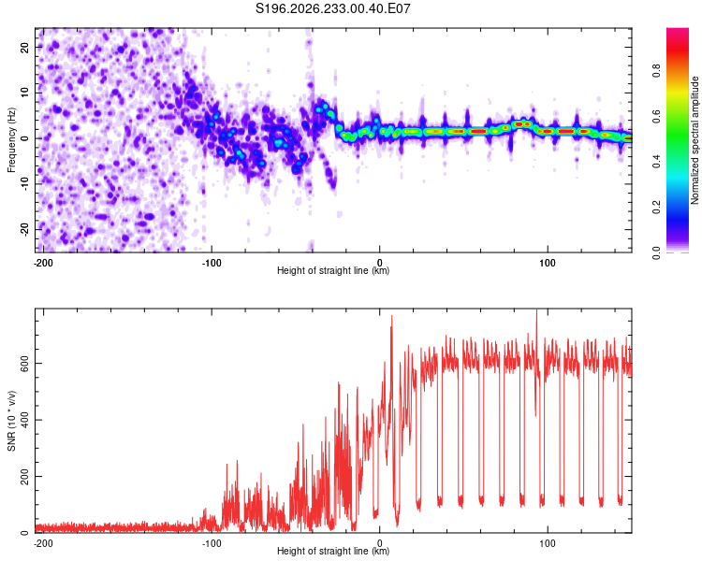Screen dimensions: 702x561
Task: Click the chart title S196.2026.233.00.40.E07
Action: [x=332, y=8]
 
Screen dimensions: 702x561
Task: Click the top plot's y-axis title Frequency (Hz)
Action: [x=11, y=140]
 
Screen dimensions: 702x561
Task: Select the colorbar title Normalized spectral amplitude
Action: [x=695, y=140]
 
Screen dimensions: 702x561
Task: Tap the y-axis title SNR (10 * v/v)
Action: [x=11, y=421]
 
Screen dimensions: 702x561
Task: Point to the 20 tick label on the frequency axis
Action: [x=24, y=48]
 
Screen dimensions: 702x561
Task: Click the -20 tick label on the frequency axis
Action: [x=24, y=229]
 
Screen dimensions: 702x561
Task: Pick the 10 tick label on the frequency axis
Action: [x=24, y=93]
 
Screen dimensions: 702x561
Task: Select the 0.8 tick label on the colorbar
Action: [x=656, y=71]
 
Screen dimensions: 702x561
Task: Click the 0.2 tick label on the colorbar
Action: [x=656, y=208]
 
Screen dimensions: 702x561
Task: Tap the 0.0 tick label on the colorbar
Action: [x=656, y=252]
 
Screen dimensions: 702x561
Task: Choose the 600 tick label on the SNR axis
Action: [x=24, y=364]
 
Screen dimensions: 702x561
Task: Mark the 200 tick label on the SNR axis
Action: [x=24, y=477]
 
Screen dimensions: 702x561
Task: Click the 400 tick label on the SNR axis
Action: [x=24, y=420]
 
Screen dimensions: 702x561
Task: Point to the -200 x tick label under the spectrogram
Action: [x=43, y=263]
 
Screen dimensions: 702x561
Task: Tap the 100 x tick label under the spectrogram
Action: [x=548, y=263]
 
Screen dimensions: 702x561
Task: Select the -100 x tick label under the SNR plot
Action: [x=212, y=543]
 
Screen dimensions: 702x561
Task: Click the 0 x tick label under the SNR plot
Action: [x=380, y=543]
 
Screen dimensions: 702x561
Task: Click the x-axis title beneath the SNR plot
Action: [x=333, y=551]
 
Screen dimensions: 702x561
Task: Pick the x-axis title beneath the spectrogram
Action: [x=333, y=270]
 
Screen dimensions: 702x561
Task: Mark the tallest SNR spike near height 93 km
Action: [x=536, y=309]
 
